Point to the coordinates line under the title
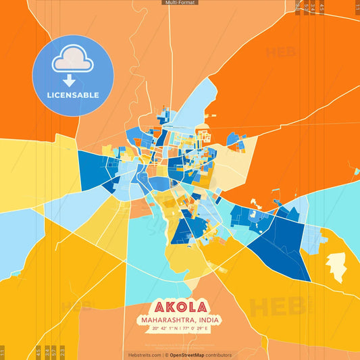[180, 330]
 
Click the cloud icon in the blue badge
[73, 59]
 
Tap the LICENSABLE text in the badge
[73, 95]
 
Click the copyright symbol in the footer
[166, 355]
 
